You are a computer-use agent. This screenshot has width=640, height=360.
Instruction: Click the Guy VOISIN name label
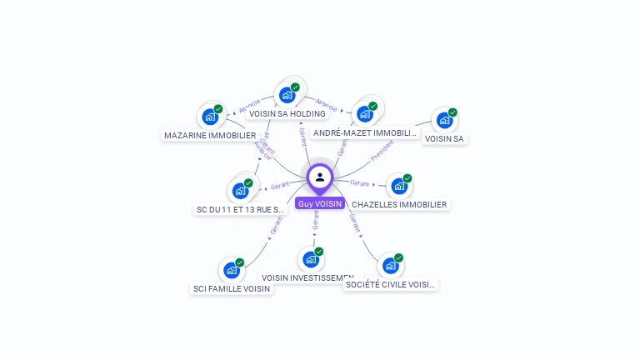tap(319, 203)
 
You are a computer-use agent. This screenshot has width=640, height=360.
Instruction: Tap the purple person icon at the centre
tap(320, 177)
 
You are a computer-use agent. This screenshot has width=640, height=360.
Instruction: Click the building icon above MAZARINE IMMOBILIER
tap(210, 117)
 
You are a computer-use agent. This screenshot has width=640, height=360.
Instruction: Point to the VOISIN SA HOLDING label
tap(287, 113)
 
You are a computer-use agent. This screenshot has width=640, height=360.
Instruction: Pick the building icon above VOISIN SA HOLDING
tap(287, 94)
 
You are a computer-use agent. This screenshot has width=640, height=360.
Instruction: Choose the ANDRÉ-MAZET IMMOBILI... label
tap(364, 132)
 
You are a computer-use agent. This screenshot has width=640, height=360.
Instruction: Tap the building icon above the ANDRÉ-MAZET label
tap(364, 113)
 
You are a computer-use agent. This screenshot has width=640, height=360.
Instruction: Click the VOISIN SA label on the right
tap(444, 138)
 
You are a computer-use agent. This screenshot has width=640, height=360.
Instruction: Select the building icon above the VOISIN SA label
tap(444, 120)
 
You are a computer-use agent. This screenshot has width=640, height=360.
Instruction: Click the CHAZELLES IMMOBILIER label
tap(399, 204)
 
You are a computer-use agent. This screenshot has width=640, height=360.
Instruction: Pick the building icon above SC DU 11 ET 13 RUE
tap(240, 190)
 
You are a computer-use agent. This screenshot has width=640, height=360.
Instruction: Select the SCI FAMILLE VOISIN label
tap(232, 288)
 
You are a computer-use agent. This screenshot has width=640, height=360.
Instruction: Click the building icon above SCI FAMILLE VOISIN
tap(231, 270)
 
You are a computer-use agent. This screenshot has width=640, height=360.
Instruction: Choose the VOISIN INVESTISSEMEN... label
tap(307, 277)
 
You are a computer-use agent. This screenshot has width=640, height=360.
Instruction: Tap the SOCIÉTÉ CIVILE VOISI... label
tap(391, 284)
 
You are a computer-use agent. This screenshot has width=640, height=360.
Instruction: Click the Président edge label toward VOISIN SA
tap(382, 151)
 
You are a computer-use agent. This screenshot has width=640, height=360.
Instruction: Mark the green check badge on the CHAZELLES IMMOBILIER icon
tap(407, 178)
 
